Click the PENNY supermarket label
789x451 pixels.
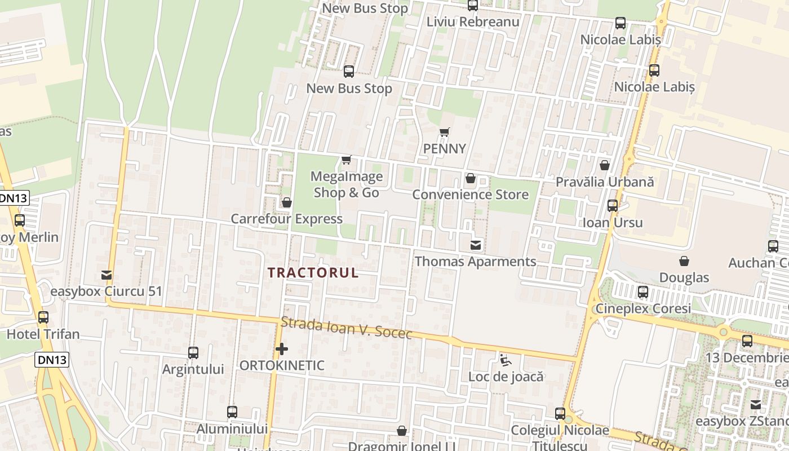pyautogui.click(x=445, y=149)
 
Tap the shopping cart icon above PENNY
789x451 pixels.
pyautogui.click(x=445, y=132)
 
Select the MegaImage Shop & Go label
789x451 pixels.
pyautogui.click(x=347, y=184)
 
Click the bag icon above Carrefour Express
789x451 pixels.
pyautogui.click(x=286, y=202)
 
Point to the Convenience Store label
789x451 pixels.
pyautogui.click(x=471, y=194)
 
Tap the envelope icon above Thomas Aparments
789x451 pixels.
pyautogui.click(x=476, y=245)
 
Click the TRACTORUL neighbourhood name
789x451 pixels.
pyautogui.click(x=313, y=273)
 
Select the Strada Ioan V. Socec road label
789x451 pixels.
pyautogui.click(x=347, y=328)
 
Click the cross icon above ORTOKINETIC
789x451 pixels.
pyautogui.click(x=282, y=350)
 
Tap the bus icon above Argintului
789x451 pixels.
pyautogui.click(x=193, y=353)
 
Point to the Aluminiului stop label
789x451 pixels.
pyautogui.click(x=232, y=429)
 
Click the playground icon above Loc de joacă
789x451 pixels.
pyautogui.click(x=506, y=360)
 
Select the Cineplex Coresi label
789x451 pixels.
pyautogui.click(x=643, y=309)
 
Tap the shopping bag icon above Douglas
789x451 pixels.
pyautogui.click(x=684, y=261)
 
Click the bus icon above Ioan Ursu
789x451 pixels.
pyautogui.click(x=613, y=206)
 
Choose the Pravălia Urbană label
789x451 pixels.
pyautogui.click(x=605, y=182)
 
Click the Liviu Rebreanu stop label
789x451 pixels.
pyautogui.click(x=473, y=22)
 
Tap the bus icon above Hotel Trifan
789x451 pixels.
pyautogui.click(x=43, y=317)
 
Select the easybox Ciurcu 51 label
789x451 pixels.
pyautogui.click(x=106, y=291)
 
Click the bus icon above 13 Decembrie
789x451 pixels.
pyautogui.click(x=747, y=341)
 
